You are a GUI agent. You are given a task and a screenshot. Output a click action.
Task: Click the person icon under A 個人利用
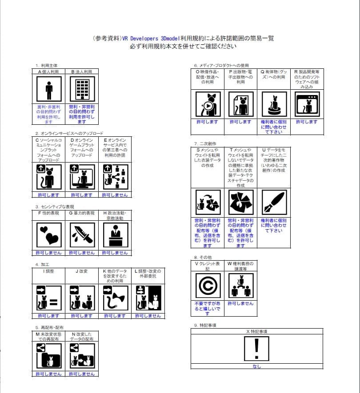pyautogui.click(x=49, y=89)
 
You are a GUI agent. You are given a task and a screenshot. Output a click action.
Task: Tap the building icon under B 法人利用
pyautogui.click(x=82, y=89)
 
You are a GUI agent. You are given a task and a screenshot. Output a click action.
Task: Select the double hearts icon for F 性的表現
pyautogui.click(x=49, y=234)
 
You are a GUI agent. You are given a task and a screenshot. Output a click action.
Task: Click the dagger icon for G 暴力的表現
pyautogui.click(x=82, y=234)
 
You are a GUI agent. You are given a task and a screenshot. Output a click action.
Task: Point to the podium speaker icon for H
pyautogui.click(x=115, y=234)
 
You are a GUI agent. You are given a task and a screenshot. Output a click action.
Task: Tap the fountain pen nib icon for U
pyautogui.click(x=274, y=202)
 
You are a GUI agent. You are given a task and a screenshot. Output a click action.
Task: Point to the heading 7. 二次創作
pyautogui.click(x=205, y=144)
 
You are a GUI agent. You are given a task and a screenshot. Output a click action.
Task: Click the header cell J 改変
pyautogui.click(x=82, y=271)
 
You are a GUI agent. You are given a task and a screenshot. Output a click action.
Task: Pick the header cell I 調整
pyautogui.click(x=49, y=271)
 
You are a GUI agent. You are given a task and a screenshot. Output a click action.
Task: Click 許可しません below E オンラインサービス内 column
pyautogui.click(x=115, y=195)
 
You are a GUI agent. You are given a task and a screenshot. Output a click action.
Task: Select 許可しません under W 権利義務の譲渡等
pyautogui.click(x=240, y=303)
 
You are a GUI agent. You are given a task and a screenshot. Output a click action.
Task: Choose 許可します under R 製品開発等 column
pyautogui.click(x=307, y=122)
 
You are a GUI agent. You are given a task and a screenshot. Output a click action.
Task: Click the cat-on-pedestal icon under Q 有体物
pyautogui.click(x=274, y=104)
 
